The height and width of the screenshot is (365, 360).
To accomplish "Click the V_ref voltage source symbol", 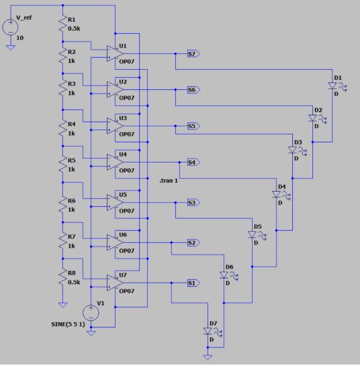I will [x=10, y=27].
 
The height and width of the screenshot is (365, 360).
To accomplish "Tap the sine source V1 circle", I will [x=91, y=313].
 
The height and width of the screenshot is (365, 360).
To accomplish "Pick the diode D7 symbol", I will [x=208, y=331].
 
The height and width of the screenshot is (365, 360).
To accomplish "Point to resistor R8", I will [x=63, y=277].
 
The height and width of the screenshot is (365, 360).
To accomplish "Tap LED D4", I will [x=276, y=195].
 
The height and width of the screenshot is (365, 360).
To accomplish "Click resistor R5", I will [x=63, y=163].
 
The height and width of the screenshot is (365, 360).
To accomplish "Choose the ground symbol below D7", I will [x=208, y=357].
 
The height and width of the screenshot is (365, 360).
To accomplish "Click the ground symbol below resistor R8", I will [x=63, y=304].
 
